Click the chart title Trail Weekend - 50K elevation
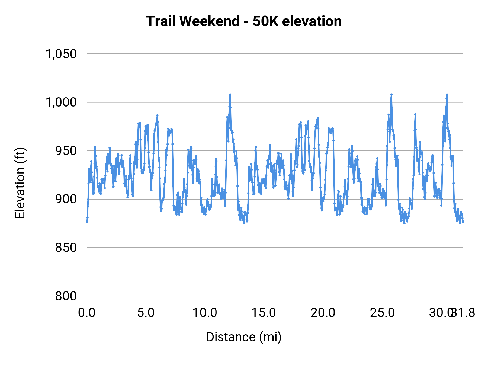point(244,21)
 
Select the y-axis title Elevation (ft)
point(20,183)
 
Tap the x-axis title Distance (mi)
point(244,337)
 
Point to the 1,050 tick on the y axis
point(61,54)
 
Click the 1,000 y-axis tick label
point(61,102)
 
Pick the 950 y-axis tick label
point(66,151)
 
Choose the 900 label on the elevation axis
point(66,199)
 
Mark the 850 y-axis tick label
point(66,248)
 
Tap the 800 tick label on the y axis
point(66,296)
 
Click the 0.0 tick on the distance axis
point(87,313)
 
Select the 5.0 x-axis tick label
point(146,313)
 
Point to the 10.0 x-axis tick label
point(205,313)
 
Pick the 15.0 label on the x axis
point(264,313)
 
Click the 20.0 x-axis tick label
point(323,313)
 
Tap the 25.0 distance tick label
point(382,313)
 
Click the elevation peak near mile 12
point(230,94)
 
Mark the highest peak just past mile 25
point(391,94)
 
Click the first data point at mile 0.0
point(87,222)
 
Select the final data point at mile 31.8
point(463,222)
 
